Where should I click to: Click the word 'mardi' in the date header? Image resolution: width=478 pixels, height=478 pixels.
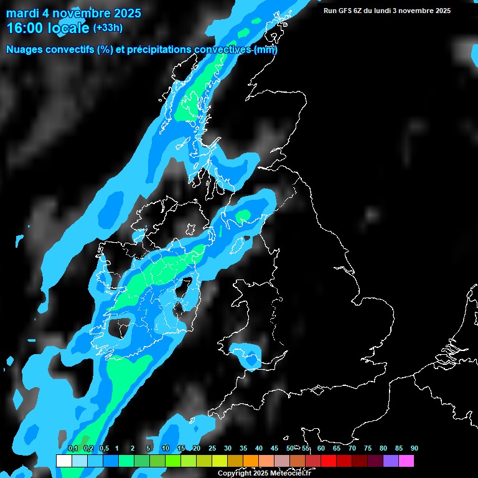click(22, 13)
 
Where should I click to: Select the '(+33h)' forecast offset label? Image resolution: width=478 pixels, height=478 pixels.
click(108, 27)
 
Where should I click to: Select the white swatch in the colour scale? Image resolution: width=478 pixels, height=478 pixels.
click(63, 461)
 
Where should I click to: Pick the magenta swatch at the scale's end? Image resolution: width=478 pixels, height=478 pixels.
click(406, 461)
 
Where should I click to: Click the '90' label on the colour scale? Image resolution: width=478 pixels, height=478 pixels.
click(414, 449)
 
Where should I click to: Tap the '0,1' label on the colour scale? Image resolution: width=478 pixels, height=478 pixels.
click(73, 449)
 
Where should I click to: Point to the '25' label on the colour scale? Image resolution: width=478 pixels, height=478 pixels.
click(212, 449)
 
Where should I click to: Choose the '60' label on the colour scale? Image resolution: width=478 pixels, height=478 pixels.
click(321, 449)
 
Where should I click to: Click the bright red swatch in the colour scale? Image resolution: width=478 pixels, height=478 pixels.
click(329, 461)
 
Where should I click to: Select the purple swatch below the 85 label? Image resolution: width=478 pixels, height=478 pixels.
click(391, 461)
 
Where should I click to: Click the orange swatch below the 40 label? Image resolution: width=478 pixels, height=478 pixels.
click(251, 461)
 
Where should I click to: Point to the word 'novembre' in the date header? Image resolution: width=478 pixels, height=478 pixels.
click(80, 13)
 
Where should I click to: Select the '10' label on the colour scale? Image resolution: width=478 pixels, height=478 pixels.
click(166, 449)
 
